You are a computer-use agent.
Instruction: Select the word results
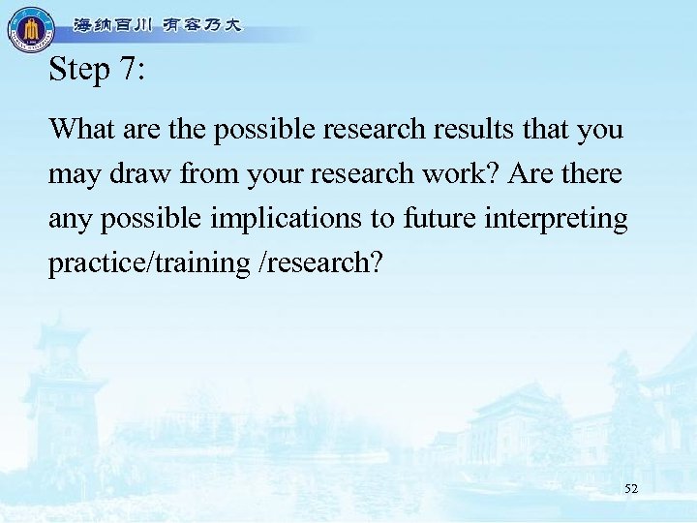pos(500,129)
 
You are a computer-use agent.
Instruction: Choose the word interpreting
pos(565,220)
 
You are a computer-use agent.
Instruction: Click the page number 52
pos(631,489)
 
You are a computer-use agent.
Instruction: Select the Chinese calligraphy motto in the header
pos(158,26)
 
